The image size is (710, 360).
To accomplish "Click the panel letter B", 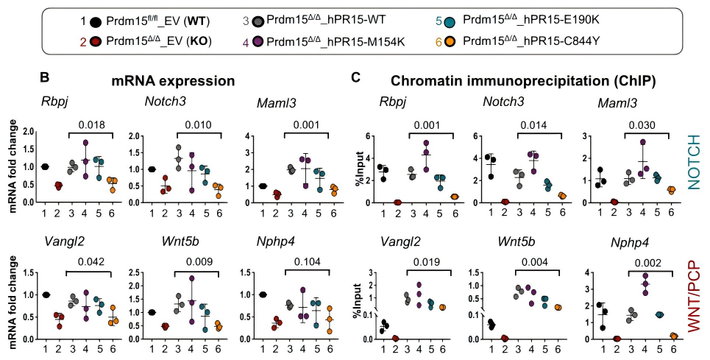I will click(44, 77).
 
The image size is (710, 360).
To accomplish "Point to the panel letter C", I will click(356, 77).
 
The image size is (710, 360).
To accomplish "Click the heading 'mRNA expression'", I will click(173, 80).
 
